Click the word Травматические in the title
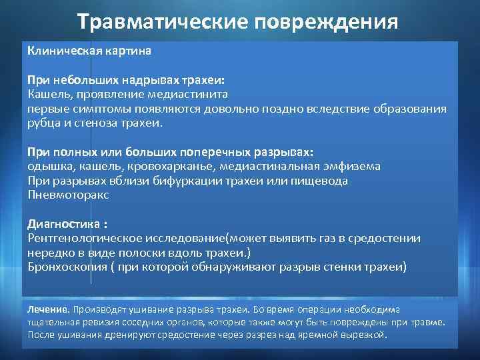pyautogui.click(x=161, y=21)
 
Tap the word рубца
pyautogui.click(x=43, y=123)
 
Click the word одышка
pyautogui.click(x=47, y=167)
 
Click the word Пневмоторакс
pyautogui.click(x=68, y=195)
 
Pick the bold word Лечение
pyautogui.click(x=47, y=309)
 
